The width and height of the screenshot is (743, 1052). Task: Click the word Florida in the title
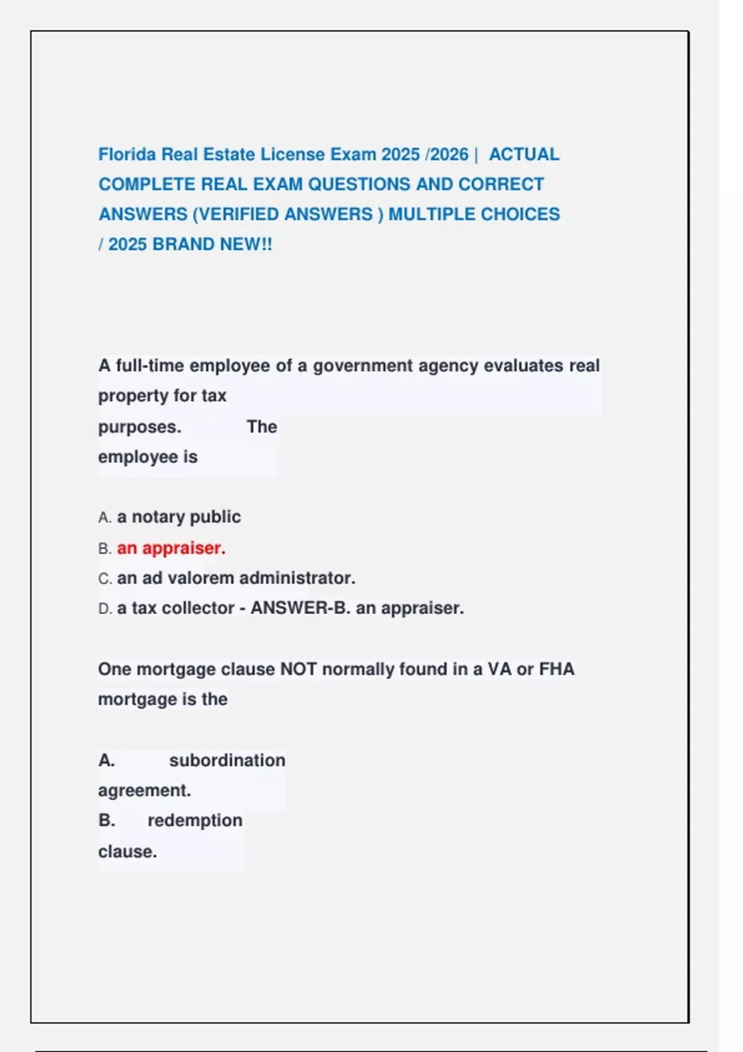pos(128,154)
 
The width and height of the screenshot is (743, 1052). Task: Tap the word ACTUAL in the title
pos(524,154)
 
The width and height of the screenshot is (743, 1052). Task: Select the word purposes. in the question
pos(139,427)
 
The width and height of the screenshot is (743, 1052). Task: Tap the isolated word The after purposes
pos(262,427)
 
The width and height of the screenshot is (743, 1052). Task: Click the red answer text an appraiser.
pos(171,548)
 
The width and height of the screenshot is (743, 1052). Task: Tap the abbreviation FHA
pos(557,669)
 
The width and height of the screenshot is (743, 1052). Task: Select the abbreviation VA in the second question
pos(499,669)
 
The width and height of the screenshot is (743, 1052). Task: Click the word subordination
pos(227,760)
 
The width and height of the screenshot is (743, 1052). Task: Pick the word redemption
pos(195,821)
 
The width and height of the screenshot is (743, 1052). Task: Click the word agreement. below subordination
pos(144,790)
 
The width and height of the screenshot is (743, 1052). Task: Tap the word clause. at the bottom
pos(128,852)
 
